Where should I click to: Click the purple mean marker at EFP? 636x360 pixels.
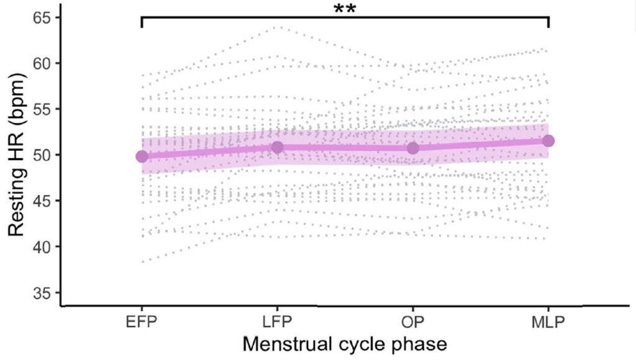click(x=142, y=156)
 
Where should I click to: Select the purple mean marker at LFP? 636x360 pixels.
click(x=277, y=147)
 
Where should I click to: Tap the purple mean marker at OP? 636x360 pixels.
click(x=412, y=148)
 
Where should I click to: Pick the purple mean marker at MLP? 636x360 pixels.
click(x=548, y=141)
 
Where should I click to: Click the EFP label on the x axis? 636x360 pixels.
click(x=142, y=323)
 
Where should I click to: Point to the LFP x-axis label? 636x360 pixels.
click(x=277, y=323)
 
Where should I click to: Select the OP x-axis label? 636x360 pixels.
click(x=412, y=323)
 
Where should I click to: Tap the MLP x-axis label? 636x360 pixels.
click(x=548, y=323)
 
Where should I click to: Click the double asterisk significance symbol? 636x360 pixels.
click(x=345, y=9)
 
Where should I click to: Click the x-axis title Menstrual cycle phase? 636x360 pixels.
click(x=345, y=344)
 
